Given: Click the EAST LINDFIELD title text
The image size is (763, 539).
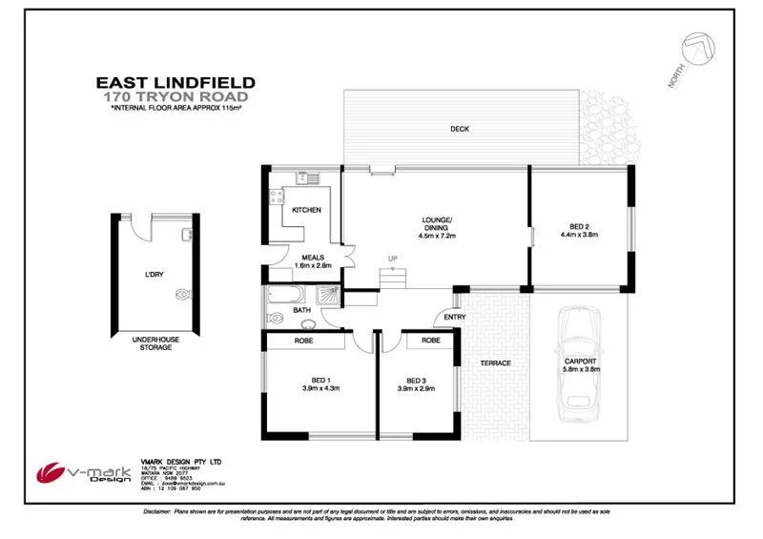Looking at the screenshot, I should point(177,83).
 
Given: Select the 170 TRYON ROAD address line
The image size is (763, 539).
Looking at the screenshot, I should point(176,97).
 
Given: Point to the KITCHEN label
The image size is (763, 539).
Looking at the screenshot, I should point(306,209).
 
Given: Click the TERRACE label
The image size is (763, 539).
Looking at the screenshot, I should point(495,363).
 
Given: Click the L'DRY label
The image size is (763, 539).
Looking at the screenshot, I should point(154,275).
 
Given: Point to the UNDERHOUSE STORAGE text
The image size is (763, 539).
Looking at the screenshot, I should point(152,343).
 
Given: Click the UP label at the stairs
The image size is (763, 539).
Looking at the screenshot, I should point(392,259).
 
